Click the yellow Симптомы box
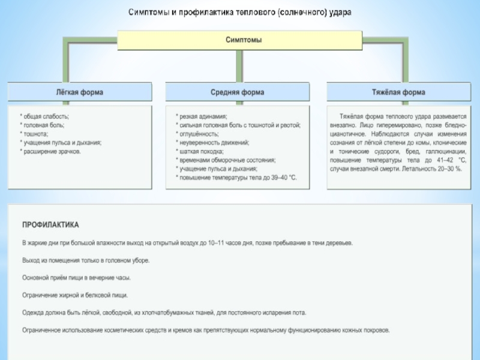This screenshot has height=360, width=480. click(239, 40)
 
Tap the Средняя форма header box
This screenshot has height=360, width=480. click(237, 92)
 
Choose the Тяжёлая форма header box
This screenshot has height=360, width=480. click(398, 92)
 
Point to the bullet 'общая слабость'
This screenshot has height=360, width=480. click(45, 116)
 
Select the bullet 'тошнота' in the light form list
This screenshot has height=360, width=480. click(35, 134)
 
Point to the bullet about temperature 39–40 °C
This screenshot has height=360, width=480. click(236, 178)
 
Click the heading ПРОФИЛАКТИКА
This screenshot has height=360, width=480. click(50, 226)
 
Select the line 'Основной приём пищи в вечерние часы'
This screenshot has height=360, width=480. click(76, 278)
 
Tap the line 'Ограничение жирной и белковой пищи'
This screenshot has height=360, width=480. click(75, 295)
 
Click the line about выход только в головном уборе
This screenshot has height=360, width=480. click(86, 260)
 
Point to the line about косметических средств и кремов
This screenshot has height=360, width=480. click(206, 330)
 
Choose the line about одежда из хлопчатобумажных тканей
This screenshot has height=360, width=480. click(164, 313)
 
